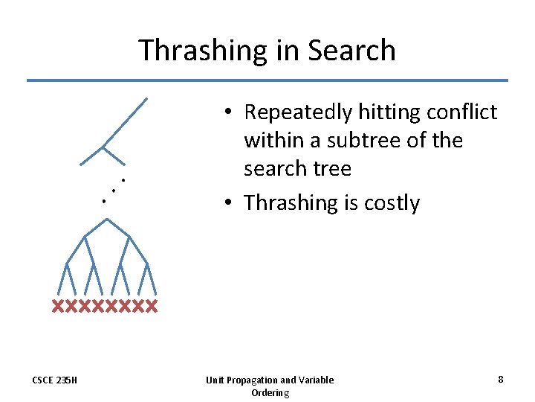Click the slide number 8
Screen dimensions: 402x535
pos(500,379)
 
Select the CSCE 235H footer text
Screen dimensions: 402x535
pos(54,380)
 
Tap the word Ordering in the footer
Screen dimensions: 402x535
pos(270,392)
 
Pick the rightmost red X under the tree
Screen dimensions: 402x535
pos(152,306)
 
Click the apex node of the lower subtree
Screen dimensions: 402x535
pos(107,219)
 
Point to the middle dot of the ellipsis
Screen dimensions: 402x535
pos(113,191)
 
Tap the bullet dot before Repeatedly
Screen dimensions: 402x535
pos(232,112)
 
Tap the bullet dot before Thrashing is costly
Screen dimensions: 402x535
pos(232,203)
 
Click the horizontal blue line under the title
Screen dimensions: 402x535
pos(267,80)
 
